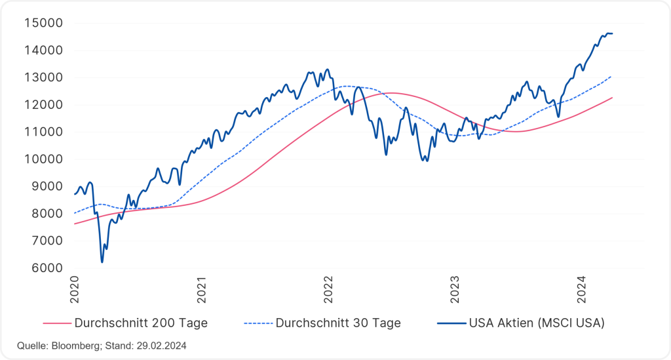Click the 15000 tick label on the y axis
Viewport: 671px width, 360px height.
(x=43, y=23)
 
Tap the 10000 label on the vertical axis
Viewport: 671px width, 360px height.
(x=43, y=159)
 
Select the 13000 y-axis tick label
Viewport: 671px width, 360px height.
(x=43, y=77)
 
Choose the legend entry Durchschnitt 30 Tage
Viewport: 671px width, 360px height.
(x=337, y=323)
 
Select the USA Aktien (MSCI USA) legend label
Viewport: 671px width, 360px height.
(x=536, y=323)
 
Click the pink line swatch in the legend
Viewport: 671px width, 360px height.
(x=58, y=323)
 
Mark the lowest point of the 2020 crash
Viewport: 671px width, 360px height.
(x=102, y=262)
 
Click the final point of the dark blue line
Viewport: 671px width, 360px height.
(x=613, y=33)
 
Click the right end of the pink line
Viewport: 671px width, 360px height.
(x=612, y=98)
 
